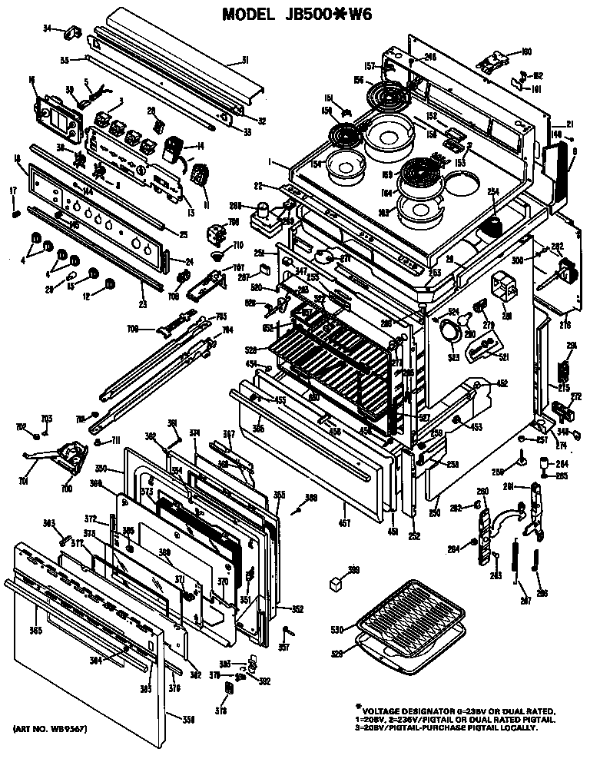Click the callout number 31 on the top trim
pos(245,61)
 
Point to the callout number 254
pos(494,190)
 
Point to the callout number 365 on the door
pos(35,631)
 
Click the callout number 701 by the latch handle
pos(23,482)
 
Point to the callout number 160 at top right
pos(525,52)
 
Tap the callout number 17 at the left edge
pos(13,190)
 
